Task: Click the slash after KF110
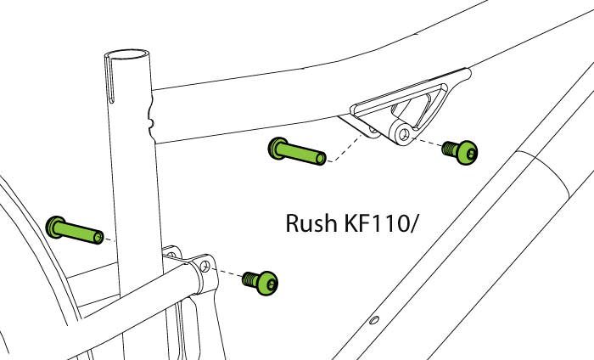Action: click(421, 225)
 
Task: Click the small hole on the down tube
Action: click(373, 321)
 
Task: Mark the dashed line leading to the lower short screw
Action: click(227, 273)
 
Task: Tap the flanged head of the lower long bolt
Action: click(55, 226)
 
